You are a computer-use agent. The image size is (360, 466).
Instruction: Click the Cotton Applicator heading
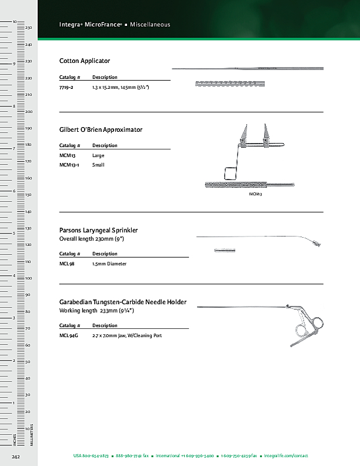(x=85, y=61)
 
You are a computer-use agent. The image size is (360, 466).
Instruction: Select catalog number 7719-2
(x=66, y=87)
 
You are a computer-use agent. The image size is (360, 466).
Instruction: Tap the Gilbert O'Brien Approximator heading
(x=101, y=129)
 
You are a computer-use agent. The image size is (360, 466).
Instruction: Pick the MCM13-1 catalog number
(x=70, y=165)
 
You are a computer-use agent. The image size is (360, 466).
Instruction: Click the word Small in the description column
(x=98, y=165)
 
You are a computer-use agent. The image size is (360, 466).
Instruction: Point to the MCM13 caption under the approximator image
(x=255, y=194)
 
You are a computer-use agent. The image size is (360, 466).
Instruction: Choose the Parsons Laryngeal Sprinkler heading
(x=98, y=230)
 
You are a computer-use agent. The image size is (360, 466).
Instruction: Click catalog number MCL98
(x=67, y=264)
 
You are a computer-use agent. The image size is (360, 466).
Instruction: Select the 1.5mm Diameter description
(x=109, y=264)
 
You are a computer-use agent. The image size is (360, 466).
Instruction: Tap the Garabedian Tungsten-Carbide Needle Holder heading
(x=123, y=302)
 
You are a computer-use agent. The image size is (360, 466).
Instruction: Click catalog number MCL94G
(x=69, y=335)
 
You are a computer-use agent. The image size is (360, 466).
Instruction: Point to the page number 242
(x=16, y=456)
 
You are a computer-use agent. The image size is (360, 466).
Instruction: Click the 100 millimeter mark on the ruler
(x=28, y=278)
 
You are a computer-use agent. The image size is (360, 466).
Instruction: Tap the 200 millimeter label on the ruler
(x=28, y=111)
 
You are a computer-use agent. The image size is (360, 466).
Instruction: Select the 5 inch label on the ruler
(x=14, y=233)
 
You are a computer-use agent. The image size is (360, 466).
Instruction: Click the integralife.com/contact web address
(x=286, y=456)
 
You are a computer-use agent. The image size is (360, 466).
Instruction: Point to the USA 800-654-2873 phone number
(x=91, y=456)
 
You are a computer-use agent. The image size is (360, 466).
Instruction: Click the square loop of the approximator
(x=229, y=173)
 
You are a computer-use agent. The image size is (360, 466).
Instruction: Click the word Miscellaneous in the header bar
(x=150, y=25)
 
